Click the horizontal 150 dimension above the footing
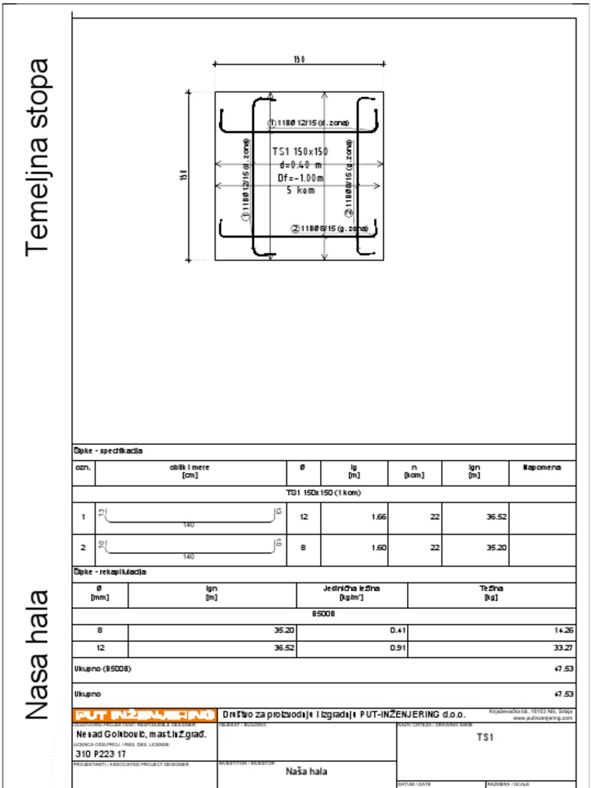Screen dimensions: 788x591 coord(299,59)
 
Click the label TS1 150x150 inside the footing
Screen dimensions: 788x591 coord(300,152)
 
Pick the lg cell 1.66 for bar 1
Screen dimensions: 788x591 coord(378,517)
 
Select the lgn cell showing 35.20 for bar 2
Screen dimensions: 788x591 coord(496,549)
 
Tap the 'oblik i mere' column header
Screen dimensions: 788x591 coord(189,471)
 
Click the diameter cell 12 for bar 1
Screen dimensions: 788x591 coord(303,517)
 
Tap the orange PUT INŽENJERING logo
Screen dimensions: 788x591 coord(144,714)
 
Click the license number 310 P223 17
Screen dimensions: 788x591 coord(101,755)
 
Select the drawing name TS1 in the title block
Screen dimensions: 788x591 coord(484,737)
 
